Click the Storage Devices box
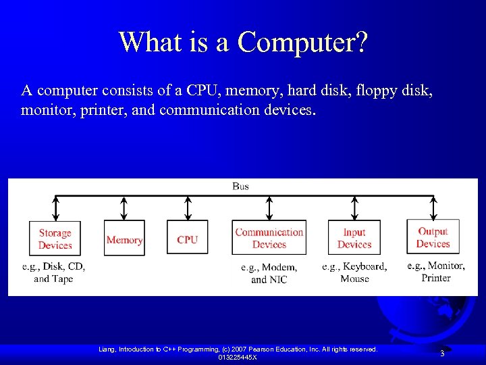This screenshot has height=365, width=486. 55,239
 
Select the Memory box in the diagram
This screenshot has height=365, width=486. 124,239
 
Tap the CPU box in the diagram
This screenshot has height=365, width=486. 187,239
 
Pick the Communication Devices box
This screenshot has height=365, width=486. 269,238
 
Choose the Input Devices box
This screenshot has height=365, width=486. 354,238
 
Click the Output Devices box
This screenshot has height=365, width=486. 433,237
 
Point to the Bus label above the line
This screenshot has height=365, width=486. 240,186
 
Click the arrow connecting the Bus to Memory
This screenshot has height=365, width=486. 124,208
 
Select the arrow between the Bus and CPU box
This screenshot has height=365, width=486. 188,208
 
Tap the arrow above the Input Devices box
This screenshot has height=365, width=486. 354,208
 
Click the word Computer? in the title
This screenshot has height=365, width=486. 303,42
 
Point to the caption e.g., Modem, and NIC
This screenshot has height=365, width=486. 269,273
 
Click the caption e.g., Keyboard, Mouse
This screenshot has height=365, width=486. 354,272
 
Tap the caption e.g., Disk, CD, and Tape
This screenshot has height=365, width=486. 54,272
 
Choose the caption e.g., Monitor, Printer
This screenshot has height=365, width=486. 435,272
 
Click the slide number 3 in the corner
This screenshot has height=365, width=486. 442,354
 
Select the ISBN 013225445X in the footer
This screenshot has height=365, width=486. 238,357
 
